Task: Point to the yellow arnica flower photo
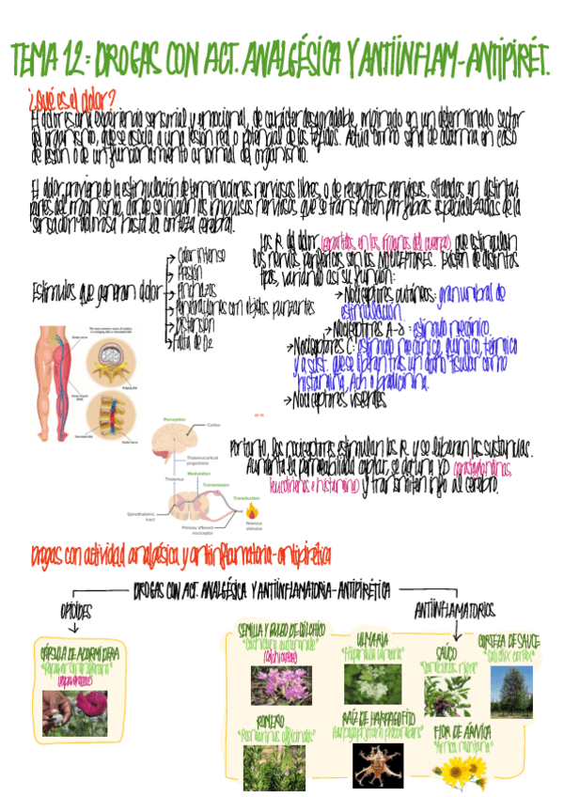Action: coord(458,772)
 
